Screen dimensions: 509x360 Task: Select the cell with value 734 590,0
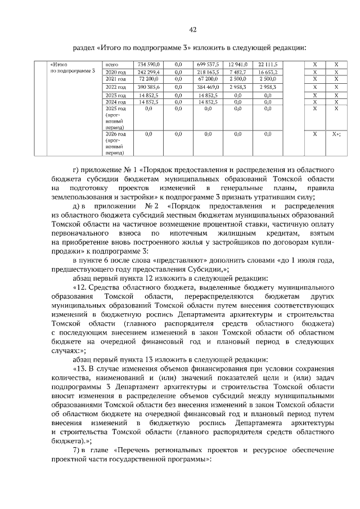(x=148, y=65)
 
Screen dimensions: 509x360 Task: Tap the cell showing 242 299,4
(x=148, y=73)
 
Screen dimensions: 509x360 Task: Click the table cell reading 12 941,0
(x=238, y=65)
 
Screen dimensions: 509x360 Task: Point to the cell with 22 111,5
(x=268, y=65)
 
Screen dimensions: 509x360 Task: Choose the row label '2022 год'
(x=115, y=88)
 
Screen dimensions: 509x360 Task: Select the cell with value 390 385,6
(x=148, y=88)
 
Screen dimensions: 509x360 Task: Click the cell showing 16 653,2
(x=268, y=73)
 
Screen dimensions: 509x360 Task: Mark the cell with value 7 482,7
(x=238, y=73)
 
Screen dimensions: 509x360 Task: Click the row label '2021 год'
(x=115, y=79)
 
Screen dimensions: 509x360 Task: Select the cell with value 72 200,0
(x=149, y=79)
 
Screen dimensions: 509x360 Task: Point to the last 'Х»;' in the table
(x=336, y=134)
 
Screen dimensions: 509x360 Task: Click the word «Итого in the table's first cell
(x=59, y=65)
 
